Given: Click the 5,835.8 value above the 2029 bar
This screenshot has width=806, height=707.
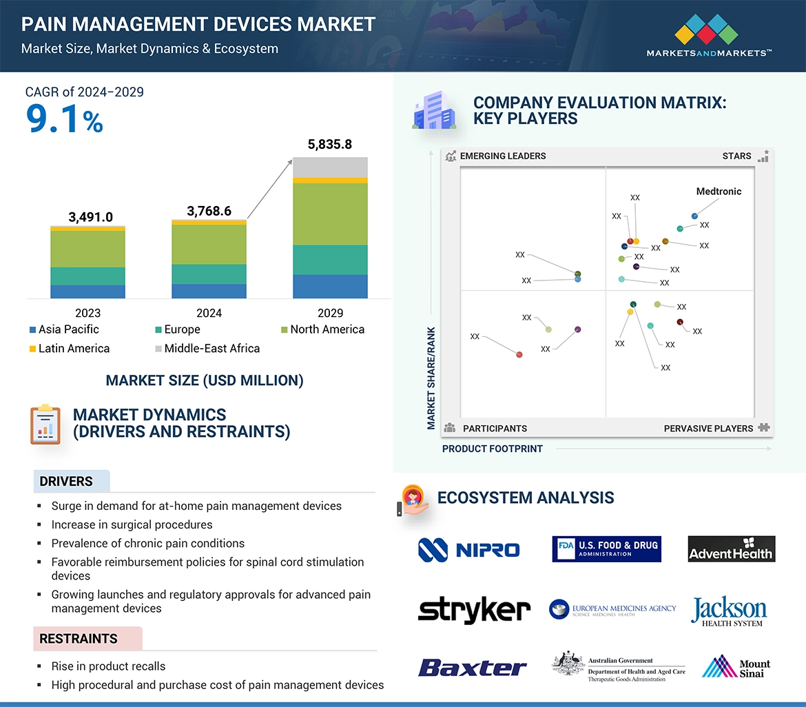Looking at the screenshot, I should (329, 144).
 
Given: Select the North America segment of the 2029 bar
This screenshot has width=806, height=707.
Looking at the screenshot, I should (330, 214).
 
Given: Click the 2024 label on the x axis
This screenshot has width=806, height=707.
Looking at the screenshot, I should (209, 313).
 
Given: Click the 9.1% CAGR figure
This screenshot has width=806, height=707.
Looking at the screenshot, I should (64, 119).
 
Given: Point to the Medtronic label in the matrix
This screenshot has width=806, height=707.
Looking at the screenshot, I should (719, 192).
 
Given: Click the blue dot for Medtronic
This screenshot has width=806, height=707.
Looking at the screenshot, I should (694, 216).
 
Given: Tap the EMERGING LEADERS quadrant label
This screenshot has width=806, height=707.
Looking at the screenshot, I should (502, 156).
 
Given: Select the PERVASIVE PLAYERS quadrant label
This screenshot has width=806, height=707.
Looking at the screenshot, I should (708, 429).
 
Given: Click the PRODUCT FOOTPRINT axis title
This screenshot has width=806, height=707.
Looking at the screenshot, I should (492, 449).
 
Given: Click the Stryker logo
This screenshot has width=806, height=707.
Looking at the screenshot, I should (474, 610).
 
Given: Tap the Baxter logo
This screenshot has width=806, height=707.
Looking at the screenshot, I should (472, 667).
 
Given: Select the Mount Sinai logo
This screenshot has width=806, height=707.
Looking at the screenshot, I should (736, 667).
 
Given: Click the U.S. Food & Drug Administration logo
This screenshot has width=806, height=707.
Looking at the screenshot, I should (606, 549).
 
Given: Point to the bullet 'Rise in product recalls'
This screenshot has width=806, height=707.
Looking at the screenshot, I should (108, 666).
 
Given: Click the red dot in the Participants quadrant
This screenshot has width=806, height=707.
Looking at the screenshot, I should (519, 354).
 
